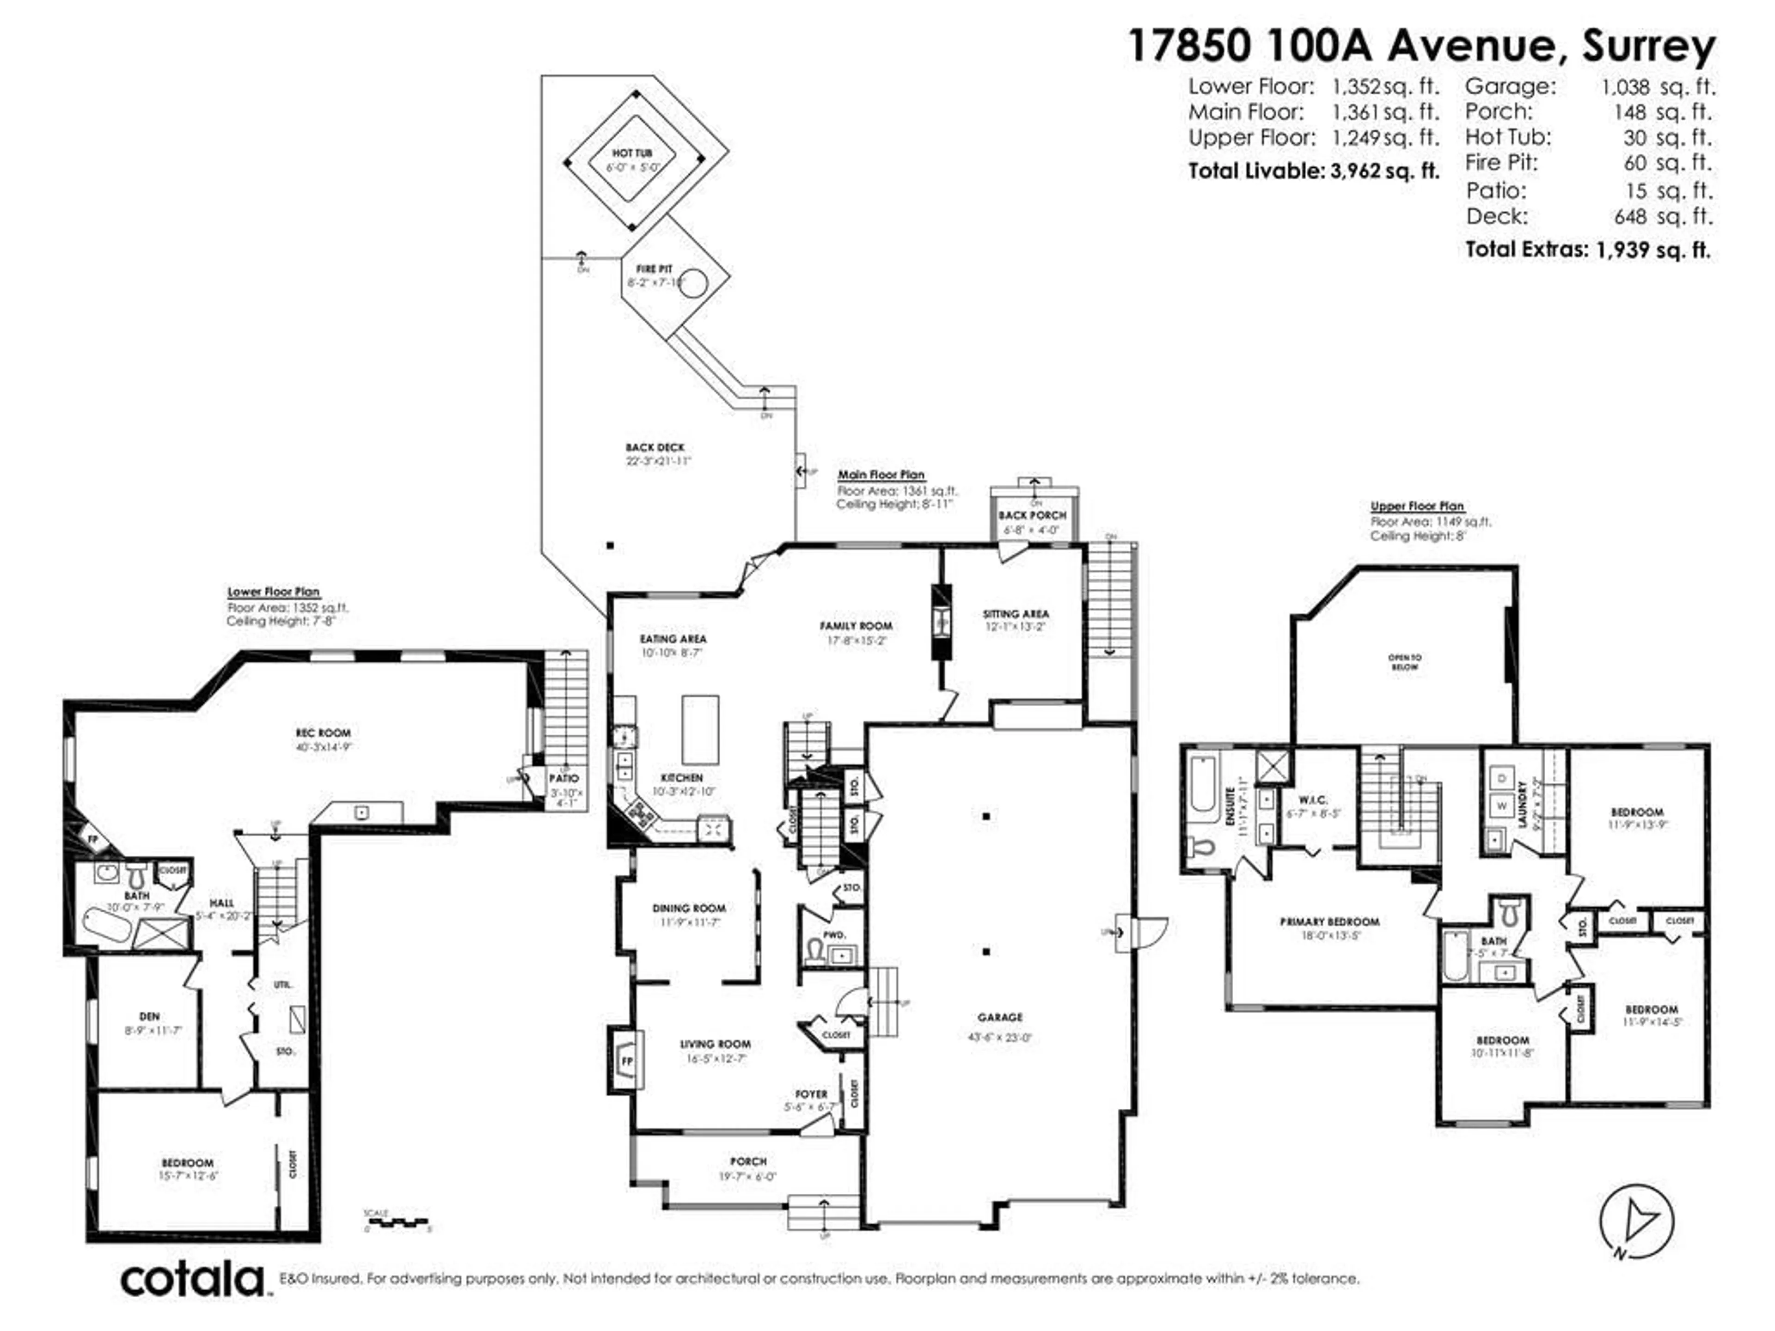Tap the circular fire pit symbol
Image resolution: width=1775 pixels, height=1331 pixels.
(693, 283)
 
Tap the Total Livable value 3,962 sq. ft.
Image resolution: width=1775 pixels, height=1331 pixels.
(1384, 171)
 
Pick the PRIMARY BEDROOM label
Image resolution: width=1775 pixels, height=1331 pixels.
(1330, 922)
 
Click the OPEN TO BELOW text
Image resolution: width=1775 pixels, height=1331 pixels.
(1404, 662)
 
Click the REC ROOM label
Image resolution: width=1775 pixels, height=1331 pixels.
(324, 733)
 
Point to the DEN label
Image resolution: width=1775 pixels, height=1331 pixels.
(149, 1016)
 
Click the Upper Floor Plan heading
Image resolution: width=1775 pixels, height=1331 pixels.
(1417, 506)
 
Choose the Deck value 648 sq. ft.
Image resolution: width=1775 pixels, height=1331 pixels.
(1663, 217)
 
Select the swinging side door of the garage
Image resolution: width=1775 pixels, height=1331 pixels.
(1149, 931)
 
